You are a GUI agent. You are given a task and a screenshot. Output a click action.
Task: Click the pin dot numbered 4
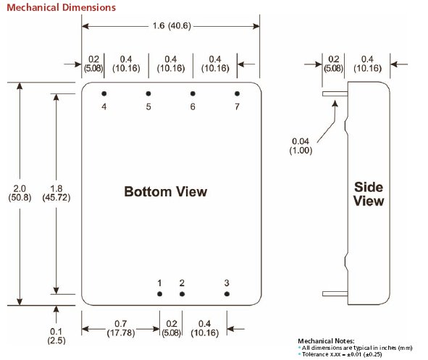pos(104,93)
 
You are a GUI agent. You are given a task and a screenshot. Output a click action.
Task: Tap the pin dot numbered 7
pos(238,93)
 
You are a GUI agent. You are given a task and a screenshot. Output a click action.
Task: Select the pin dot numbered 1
pos(159,294)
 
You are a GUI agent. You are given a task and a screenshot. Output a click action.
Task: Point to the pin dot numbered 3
pos(227,294)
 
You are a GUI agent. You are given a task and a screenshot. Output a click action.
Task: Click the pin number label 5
pos(148,106)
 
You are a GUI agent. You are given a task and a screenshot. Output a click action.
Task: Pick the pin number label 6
pos(193,106)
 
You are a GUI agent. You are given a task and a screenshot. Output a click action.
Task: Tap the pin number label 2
pos(182,283)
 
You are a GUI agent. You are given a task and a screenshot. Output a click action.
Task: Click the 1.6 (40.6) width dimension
pos(172,26)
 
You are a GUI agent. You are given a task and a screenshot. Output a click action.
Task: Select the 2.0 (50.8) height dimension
pos(20,193)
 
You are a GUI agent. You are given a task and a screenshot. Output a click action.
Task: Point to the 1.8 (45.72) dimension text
pos(56,193)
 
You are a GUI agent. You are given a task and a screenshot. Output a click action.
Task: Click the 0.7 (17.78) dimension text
pos(121,328)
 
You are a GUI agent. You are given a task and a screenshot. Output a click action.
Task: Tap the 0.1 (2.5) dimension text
pos(56,336)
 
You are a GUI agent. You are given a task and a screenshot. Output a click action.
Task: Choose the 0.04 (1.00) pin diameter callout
pos(301,146)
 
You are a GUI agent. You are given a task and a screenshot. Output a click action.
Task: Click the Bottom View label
pos(166,192)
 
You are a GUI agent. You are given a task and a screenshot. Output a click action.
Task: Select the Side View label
pos(369,194)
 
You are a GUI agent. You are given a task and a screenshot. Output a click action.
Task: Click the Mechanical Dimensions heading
pos(61,7)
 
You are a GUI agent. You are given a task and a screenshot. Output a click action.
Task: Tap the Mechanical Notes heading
pos(326,341)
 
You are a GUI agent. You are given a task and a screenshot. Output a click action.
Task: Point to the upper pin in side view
pos(335,94)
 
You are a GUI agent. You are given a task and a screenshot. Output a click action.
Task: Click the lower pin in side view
pos(335,293)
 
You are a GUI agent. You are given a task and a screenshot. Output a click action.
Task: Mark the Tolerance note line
pos(341,354)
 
